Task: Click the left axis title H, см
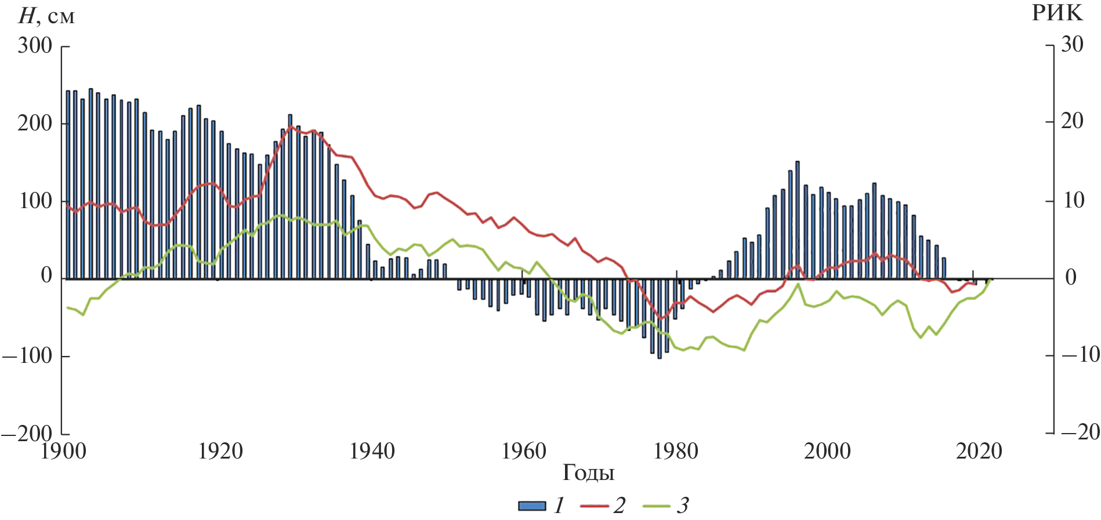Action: tap(46, 16)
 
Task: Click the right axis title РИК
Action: tap(1056, 13)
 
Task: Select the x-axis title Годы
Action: tap(588, 472)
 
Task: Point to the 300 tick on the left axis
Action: tap(35, 45)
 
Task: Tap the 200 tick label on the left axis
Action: tap(35, 123)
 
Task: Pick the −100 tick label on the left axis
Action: tap(27, 355)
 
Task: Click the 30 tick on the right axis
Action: tap(1071, 44)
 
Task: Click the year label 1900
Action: tap(63, 451)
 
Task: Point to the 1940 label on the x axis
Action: tap(371, 451)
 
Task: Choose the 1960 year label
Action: tap(523, 451)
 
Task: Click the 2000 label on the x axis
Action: tap(827, 451)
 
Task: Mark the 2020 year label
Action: tap(979, 451)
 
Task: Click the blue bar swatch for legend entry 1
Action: tap(532, 506)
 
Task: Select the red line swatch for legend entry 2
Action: tap(594, 506)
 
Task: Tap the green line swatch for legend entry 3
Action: tap(657, 506)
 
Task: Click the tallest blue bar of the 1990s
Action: tap(797, 220)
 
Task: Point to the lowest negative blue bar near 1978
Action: tap(659, 319)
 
